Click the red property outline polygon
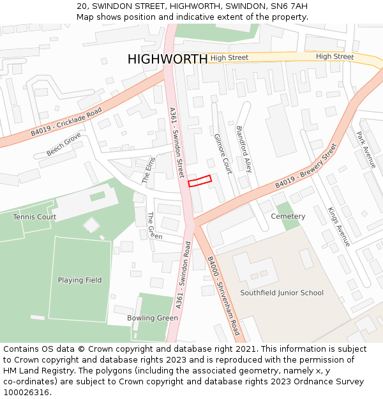coord(199,181)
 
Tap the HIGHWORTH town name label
coord(167,59)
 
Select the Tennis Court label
coord(34,217)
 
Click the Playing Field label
coord(80,280)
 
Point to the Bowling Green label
coord(153,318)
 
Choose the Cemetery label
coord(288,216)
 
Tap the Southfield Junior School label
coord(282,293)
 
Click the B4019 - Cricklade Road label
coord(66,122)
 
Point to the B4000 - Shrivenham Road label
coord(223,296)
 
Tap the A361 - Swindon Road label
coord(183,275)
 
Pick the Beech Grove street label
coord(64,144)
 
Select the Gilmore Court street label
coord(223,154)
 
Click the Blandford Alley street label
coord(244,149)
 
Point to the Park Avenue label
coord(366,149)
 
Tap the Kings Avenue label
coord(339,227)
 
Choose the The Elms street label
coord(148,170)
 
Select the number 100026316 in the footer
coord(26,392)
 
